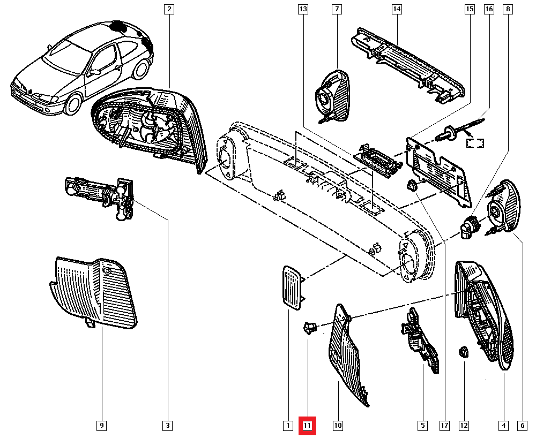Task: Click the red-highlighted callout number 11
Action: click(308, 426)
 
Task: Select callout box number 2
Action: click(169, 9)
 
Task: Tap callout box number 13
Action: click(303, 9)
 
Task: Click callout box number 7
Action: click(337, 9)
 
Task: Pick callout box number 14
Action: click(397, 9)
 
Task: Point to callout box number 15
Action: click(470, 9)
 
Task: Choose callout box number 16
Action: click(489, 9)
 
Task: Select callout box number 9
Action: click(101, 426)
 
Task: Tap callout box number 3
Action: click(168, 426)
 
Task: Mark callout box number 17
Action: click(444, 426)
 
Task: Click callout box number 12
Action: click(464, 426)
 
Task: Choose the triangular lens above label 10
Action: click(348, 356)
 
